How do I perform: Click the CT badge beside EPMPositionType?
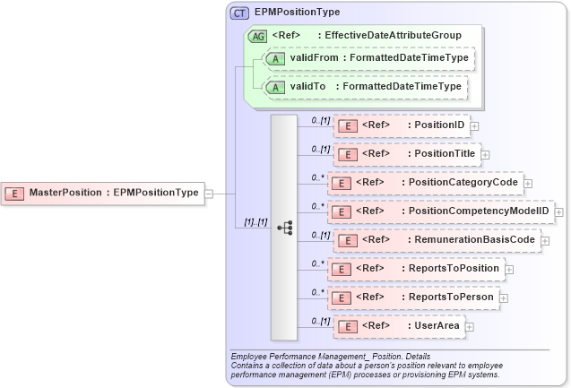[x=240, y=13]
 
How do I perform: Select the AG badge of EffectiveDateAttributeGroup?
[x=257, y=35]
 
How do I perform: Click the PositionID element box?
[x=402, y=125]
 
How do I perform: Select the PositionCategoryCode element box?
[x=425, y=183]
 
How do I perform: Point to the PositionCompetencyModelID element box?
[x=440, y=211]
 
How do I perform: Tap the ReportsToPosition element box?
[x=416, y=268]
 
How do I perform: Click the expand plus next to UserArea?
[x=470, y=327]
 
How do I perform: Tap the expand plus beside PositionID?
[x=474, y=125]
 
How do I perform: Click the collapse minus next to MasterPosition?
[x=209, y=192]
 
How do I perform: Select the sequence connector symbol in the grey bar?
[x=284, y=228]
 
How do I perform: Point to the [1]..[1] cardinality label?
[x=256, y=221]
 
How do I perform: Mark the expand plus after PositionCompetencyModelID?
[x=558, y=212]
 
